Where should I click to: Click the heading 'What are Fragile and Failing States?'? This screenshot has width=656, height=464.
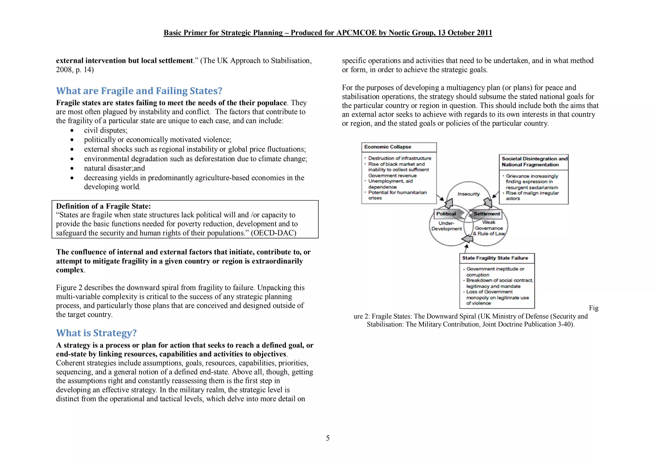pos(139,91)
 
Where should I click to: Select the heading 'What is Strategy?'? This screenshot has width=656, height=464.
pos(96,333)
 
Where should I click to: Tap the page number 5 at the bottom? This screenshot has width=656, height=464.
pos(328,438)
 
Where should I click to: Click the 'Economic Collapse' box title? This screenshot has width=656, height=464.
pos(388,147)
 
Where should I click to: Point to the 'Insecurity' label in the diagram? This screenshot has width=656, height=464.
pos(468,194)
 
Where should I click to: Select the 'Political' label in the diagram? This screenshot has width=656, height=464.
pos(446,214)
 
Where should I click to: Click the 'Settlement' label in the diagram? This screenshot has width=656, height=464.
pos(487,214)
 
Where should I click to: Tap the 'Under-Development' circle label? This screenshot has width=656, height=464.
pos(447,226)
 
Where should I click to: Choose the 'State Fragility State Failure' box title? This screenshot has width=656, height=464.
pos(495,258)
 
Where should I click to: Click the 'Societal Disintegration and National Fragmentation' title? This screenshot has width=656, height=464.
pos(534,162)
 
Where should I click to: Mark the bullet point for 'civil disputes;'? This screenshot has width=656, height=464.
pos(72,130)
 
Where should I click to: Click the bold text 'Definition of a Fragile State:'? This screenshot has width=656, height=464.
pos(103,206)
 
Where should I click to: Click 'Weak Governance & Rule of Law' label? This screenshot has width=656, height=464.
pos(489,228)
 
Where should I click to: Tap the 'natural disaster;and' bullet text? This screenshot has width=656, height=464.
pos(114,168)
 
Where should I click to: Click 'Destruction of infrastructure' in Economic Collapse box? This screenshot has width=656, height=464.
pos(399,158)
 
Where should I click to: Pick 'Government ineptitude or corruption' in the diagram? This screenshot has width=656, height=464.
pos(495,272)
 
